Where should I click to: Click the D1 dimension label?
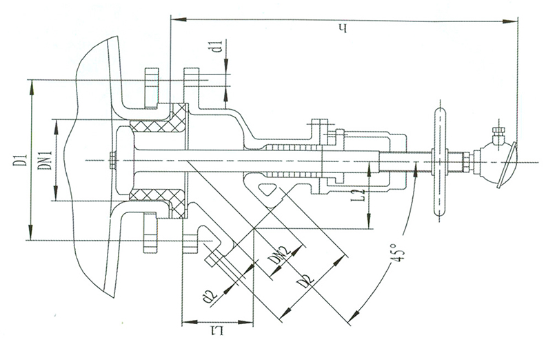[x=21, y=159]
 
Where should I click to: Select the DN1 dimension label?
[x=46, y=160]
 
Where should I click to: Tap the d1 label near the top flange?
[x=219, y=47]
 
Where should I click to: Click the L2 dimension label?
[x=361, y=196]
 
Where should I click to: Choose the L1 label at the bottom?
[x=216, y=330]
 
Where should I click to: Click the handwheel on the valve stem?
[x=440, y=161]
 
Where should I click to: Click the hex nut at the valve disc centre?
[x=112, y=160]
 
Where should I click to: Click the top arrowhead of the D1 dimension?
[x=31, y=88]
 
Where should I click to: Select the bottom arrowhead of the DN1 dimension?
[x=55, y=192]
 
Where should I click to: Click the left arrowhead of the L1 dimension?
[x=190, y=322]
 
